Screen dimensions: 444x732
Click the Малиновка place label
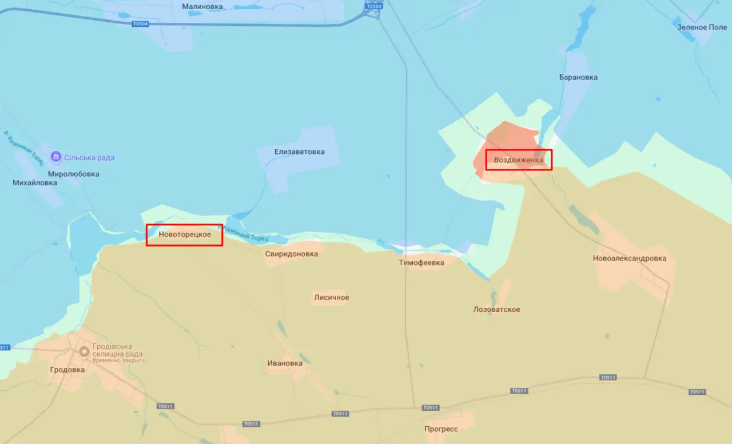pos(202,7)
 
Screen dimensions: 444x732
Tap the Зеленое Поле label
pos(702,27)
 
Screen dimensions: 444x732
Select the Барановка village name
pos(578,77)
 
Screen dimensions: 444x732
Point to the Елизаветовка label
pos(299,152)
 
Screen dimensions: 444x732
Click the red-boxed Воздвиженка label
pos(519,160)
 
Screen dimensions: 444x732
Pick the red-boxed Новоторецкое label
pos(184,235)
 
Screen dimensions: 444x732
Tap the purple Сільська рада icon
pos(56,157)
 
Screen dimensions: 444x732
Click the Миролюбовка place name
pos(73,174)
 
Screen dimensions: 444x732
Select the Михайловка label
pos(35,183)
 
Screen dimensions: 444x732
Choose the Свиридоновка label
pos(291,254)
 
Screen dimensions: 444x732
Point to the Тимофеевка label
pos(421,263)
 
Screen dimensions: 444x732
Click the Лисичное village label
pos(331,298)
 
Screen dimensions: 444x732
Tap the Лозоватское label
pos(496,310)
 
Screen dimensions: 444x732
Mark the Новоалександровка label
pos(629,259)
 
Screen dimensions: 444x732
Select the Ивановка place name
pos(285,363)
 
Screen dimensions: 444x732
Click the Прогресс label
pos(441,429)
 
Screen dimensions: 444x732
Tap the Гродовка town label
pos(67,370)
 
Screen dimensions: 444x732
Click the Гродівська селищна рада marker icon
pos(84,351)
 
